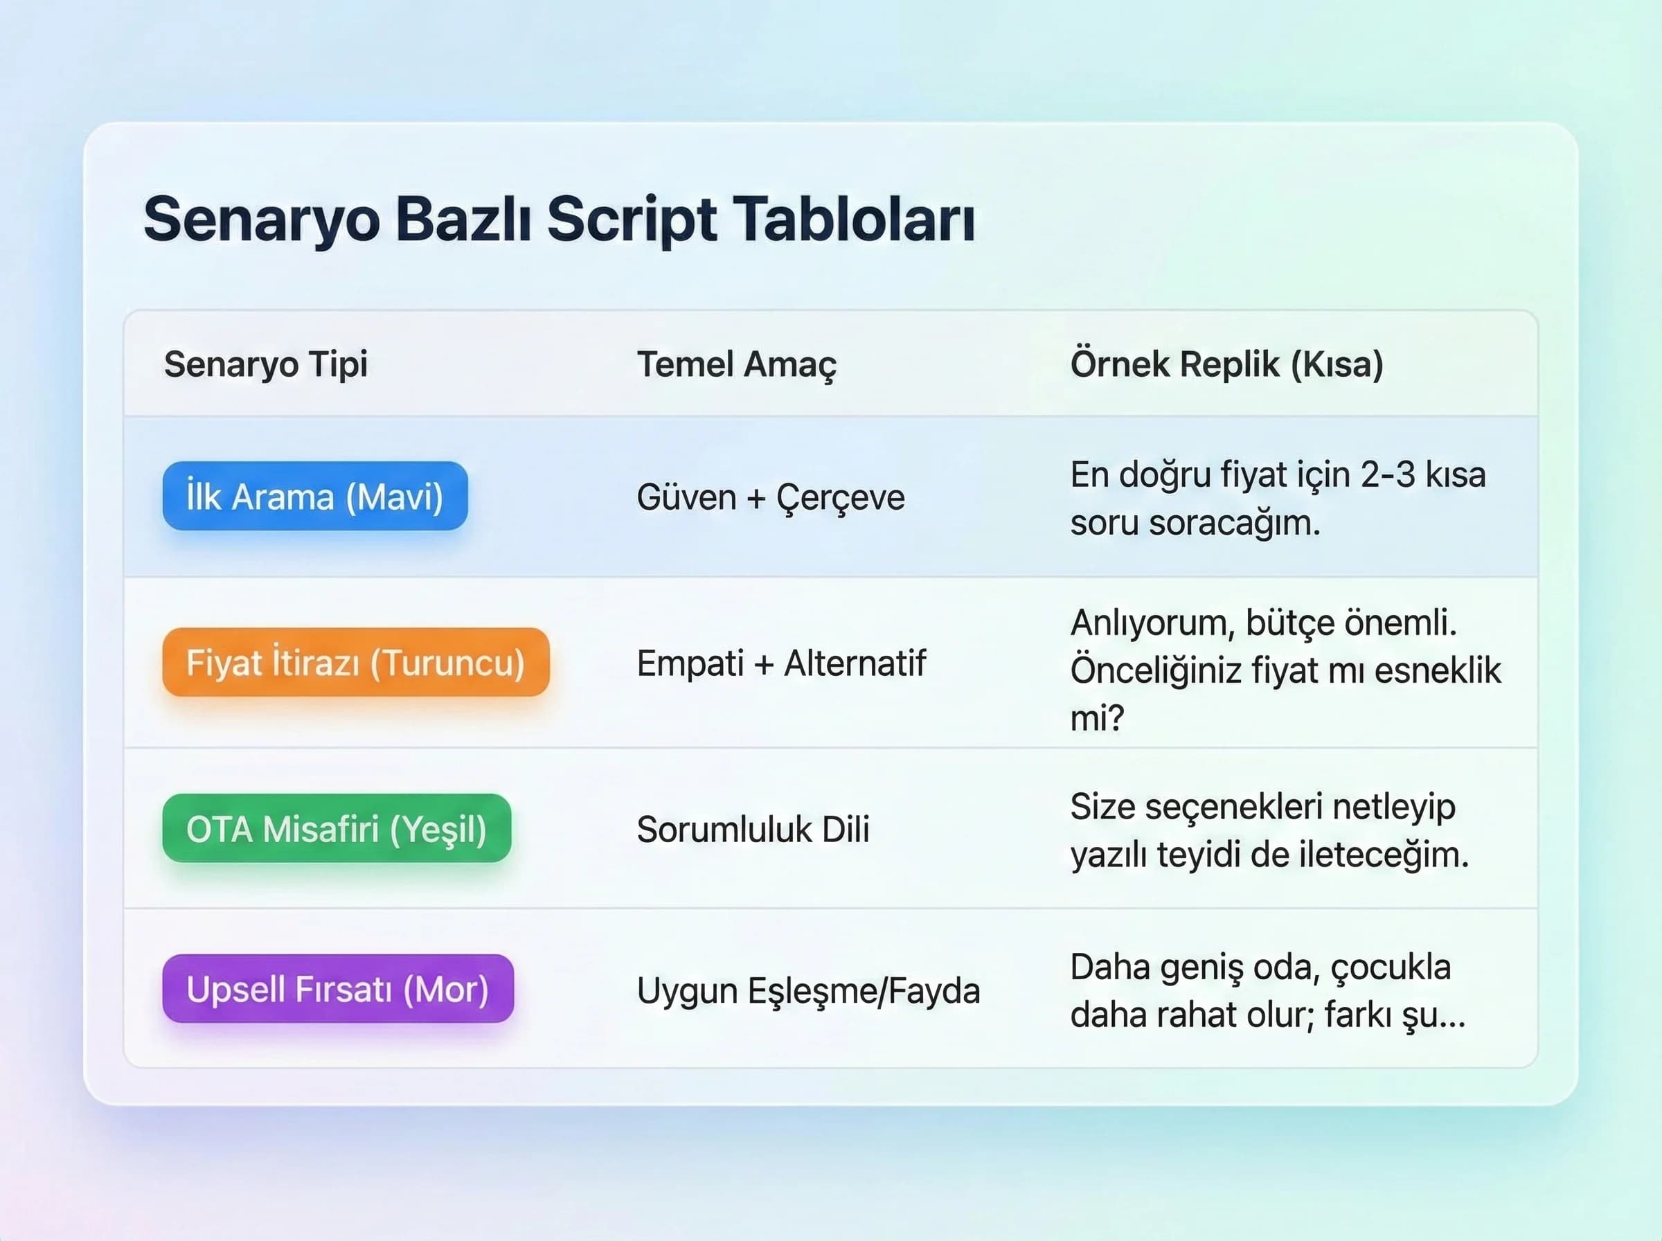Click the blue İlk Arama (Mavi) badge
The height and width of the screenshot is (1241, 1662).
click(x=314, y=497)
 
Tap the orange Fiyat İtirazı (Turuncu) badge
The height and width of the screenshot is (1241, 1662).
click(x=355, y=663)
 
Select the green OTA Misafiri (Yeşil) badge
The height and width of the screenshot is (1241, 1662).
click(x=337, y=828)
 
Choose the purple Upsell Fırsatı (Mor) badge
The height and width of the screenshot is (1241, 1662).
click(x=338, y=989)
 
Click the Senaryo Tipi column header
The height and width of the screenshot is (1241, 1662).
click(x=266, y=364)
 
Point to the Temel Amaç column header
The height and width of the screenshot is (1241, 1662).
click(x=736, y=364)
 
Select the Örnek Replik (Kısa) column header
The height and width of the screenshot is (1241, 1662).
click(x=1226, y=364)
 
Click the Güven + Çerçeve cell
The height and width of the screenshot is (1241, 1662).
click(x=771, y=497)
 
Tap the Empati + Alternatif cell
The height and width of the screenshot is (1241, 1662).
click(x=781, y=663)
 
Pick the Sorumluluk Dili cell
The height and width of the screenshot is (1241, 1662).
click(x=753, y=830)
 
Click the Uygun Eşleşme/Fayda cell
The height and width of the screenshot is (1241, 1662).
click(x=808, y=990)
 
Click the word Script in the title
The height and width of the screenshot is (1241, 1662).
click(x=632, y=220)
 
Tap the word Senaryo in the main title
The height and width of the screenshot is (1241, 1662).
click(x=261, y=220)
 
